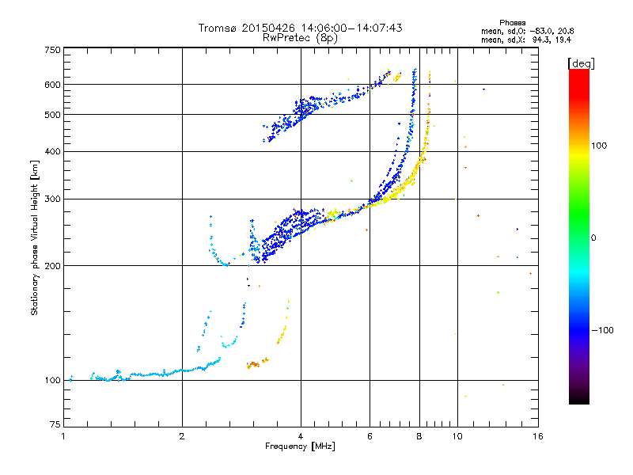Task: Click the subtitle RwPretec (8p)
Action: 300,38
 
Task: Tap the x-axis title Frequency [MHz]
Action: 300,446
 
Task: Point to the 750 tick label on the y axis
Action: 52,50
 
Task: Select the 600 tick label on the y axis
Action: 52,85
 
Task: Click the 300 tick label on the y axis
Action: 52,199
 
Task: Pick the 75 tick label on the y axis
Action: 55,424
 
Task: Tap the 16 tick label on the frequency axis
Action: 538,436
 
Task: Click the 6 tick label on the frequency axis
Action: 370,436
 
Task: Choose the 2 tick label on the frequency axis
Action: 182,436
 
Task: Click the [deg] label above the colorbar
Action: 581,64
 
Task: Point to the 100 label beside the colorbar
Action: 599,146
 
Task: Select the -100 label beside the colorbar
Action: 603,330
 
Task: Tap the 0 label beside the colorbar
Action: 593,237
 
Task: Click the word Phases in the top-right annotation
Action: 512,23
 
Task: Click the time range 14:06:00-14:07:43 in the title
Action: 351,28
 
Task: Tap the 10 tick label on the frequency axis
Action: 457,436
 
